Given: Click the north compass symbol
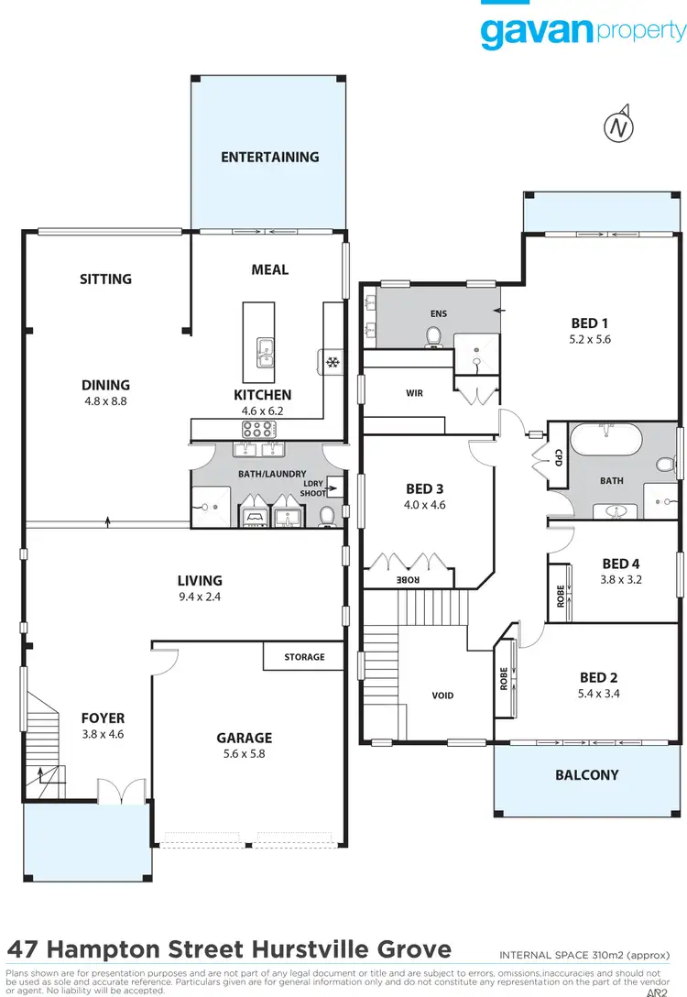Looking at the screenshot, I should (x=620, y=127).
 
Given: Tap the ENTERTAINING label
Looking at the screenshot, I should (x=269, y=157).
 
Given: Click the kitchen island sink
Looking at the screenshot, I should (x=265, y=352).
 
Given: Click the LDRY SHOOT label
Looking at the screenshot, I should (x=313, y=489).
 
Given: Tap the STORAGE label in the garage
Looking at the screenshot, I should (x=303, y=657).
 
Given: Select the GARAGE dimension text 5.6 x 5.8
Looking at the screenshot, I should (x=244, y=755).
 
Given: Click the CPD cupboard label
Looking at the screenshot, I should (x=558, y=457).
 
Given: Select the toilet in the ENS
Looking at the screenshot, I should (x=434, y=339).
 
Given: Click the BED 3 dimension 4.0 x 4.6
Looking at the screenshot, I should (x=426, y=505).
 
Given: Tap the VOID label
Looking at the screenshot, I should (x=442, y=696).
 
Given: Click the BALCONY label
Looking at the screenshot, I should (x=587, y=775).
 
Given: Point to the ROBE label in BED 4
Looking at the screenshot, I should (x=561, y=596).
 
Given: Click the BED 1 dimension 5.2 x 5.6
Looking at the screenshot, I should (x=589, y=339).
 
